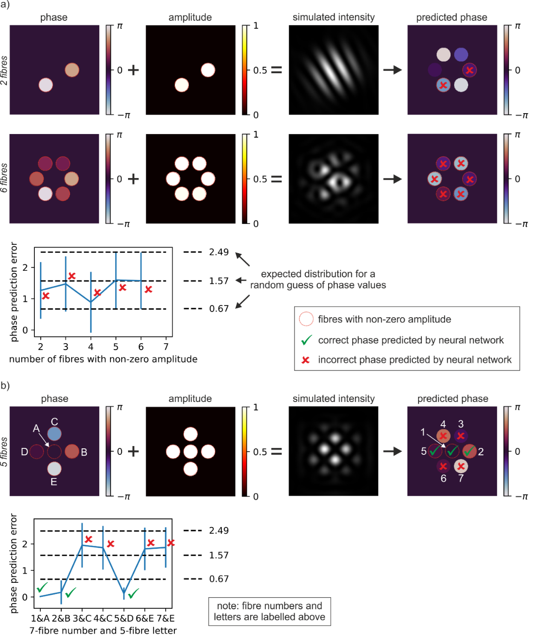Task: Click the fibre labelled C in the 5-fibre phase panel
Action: coord(54,434)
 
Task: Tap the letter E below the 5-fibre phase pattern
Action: coord(54,482)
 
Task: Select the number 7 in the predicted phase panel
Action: coord(461,478)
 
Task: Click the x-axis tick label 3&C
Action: coord(82,618)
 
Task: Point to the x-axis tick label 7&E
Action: coord(166,618)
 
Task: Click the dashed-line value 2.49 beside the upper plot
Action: coord(219,252)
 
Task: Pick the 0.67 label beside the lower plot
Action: coord(219,579)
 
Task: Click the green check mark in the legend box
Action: coord(306,340)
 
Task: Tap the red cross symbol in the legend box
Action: coord(306,360)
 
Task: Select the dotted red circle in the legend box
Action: coord(306,319)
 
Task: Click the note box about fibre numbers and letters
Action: coord(269,611)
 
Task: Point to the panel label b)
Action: coord(5,385)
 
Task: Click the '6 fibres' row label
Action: coord(4,178)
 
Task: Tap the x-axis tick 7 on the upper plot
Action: coord(166,347)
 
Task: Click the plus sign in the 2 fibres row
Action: coord(133,70)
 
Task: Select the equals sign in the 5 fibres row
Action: coord(277,451)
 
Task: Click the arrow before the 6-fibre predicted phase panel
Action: coord(392,179)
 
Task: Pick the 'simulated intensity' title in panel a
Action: coord(333,17)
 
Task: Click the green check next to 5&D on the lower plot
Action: coord(133,593)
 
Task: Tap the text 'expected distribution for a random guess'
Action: coord(318,280)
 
